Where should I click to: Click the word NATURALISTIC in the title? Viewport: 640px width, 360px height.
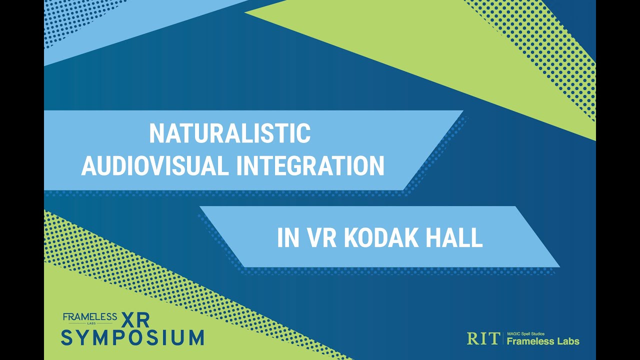pyautogui.click(x=230, y=134)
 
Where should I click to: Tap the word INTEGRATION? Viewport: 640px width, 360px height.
pyautogui.click(x=310, y=166)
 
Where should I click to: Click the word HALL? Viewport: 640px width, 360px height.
pyautogui.click(x=454, y=238)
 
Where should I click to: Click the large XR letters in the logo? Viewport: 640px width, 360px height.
pyautogui.click(x=135, y=319)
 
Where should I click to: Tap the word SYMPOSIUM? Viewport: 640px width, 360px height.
pyautogui.click(x=132, y=337)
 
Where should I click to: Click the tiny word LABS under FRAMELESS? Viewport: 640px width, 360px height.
pyautogui.click(x=90, y=323)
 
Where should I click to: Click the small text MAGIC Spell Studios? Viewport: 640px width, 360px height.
pyautogui.click(x=525, y=333)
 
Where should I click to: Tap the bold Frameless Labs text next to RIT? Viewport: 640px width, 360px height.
pyautogui.click(x=543, y=341)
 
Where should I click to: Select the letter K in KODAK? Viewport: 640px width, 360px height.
pyautogui.click(x=351, y=238)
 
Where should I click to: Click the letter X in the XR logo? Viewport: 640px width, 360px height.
pyautogui.click(x=127, y=319)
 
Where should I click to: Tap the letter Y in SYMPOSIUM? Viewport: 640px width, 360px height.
pyautogui.click(x=84, y=337)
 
